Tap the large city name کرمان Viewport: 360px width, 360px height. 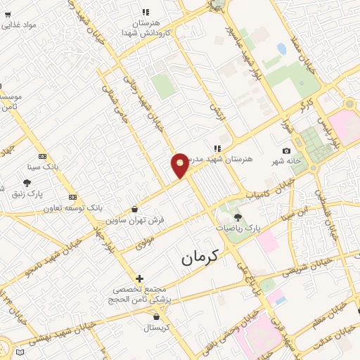[x=200, y=257]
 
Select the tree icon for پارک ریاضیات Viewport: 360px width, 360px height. [x=238, y=217]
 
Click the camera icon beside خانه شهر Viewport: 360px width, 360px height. [x=286, y=151]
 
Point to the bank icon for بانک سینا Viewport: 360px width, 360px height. [x=42, y=156]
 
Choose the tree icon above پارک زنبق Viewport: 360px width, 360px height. [x=27, y=183]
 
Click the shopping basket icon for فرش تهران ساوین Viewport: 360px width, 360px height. [x=135, y=209]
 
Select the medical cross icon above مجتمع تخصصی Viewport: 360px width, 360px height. [x=139, y=279]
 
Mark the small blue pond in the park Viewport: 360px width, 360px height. [x=282, y=49]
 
